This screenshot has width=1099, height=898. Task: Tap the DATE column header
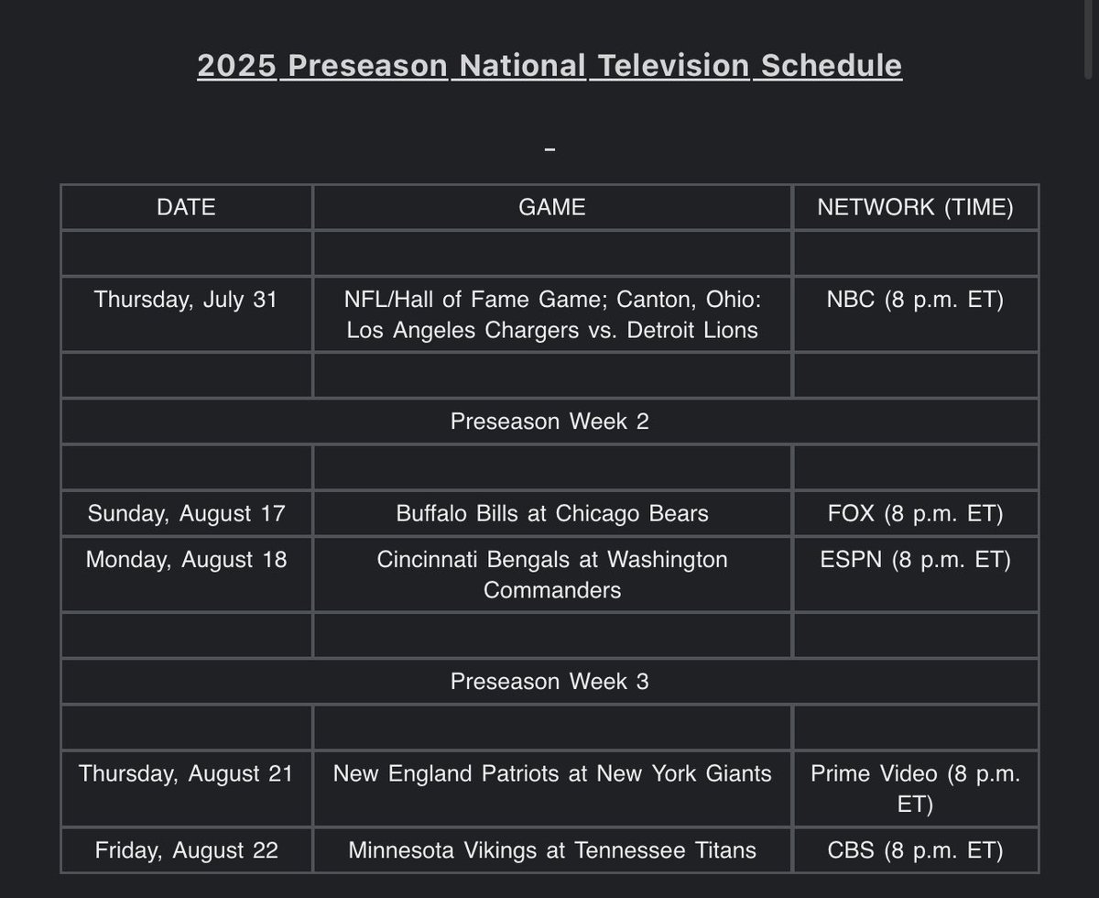pos(186,207)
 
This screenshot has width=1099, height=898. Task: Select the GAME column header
pos(551,207)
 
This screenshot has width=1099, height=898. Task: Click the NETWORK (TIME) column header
pos(915,207)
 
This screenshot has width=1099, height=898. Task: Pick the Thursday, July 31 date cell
pos(186,300)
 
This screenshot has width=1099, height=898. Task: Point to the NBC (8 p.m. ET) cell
pos(915,300)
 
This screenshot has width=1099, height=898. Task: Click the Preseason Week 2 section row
pos(549,422)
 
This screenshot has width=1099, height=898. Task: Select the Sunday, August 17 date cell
pos(186,513)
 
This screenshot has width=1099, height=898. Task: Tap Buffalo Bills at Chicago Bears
pos(551,513)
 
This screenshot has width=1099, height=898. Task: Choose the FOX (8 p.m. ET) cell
pos(915,513)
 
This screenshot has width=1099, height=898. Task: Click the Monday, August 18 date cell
pos(186,559)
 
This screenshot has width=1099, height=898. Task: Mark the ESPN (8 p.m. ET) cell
pos(915,559)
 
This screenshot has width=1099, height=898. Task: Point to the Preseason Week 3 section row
pos(549,682)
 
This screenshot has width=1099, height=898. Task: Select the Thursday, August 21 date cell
pos(186,773)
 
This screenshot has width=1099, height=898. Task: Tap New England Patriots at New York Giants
pos(551,773)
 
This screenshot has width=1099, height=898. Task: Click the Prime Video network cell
pos(915,788)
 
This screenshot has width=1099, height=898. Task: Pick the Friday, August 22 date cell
pos(186,850)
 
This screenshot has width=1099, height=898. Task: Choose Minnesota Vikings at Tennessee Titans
pos(551,850)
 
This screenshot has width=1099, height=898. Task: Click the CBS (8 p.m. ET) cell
pos(915,850)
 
